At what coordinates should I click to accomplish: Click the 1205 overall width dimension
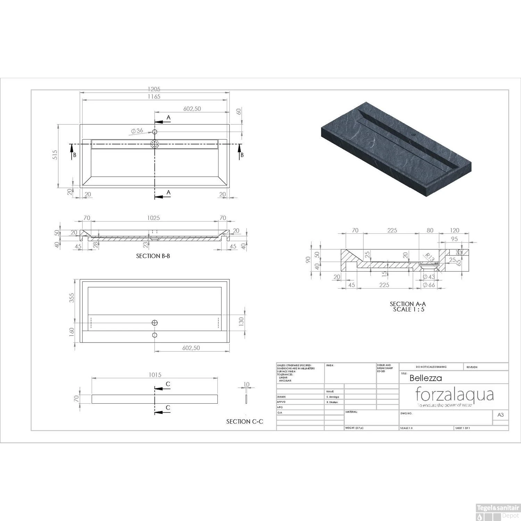pos(154,90)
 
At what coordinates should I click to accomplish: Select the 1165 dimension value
pos(154,97)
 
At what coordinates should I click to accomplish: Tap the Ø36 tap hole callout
pos(137,131)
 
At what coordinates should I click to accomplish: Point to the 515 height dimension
pos(55,155)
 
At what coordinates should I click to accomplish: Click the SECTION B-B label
pos(153,256)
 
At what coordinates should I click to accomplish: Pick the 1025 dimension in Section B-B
pos(154,218)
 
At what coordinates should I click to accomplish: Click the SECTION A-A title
pos(408,304)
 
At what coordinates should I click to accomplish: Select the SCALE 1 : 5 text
pos(408,309)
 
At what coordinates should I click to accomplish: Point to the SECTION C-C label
pos(245,421)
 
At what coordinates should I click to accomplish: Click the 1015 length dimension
pos(155,375)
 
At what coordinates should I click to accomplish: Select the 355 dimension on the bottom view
pos(72,298)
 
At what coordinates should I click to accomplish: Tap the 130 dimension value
pos(241,321)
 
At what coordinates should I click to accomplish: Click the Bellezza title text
pos(425,378)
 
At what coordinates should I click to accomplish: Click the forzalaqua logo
pos(455,395)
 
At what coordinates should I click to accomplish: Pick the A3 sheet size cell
pos(501,415)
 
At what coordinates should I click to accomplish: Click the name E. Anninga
pos(332,397)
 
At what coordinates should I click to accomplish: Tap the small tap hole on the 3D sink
pos(414,134)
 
